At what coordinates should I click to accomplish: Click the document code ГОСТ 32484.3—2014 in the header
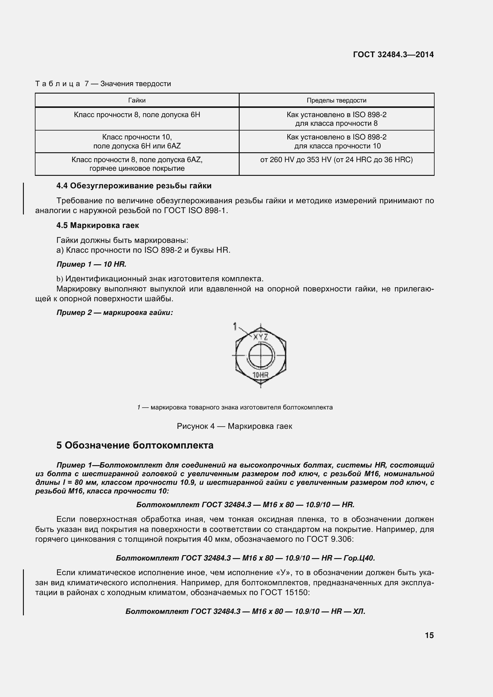[x=393, y=55]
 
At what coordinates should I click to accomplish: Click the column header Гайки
[x=137, y=100]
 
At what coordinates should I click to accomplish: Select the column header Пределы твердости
[x=336, y=100]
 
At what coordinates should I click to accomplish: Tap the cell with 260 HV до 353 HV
[x=336, y=160]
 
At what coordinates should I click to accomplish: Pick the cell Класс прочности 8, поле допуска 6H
[x=137, y=115]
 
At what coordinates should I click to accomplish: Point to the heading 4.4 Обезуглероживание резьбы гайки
[x=134, y=186]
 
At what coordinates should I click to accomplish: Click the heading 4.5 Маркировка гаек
[x=97, y=225]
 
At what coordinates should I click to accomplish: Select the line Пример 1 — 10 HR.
[x=91, y=264]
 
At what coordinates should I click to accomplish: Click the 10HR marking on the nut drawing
[x=261, y=375]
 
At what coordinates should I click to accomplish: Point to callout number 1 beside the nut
[x=235, y=327]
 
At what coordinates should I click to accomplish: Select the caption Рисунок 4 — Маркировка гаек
[x=234, y=426]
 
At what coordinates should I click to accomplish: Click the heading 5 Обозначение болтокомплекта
[x=135, y=445]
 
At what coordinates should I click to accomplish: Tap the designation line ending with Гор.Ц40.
[x=245, y=558]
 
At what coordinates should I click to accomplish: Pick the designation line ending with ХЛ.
[x=245, y=611]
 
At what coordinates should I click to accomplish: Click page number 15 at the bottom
[x=429, y=635]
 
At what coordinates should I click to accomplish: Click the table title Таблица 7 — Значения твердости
[x=103, y=84]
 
